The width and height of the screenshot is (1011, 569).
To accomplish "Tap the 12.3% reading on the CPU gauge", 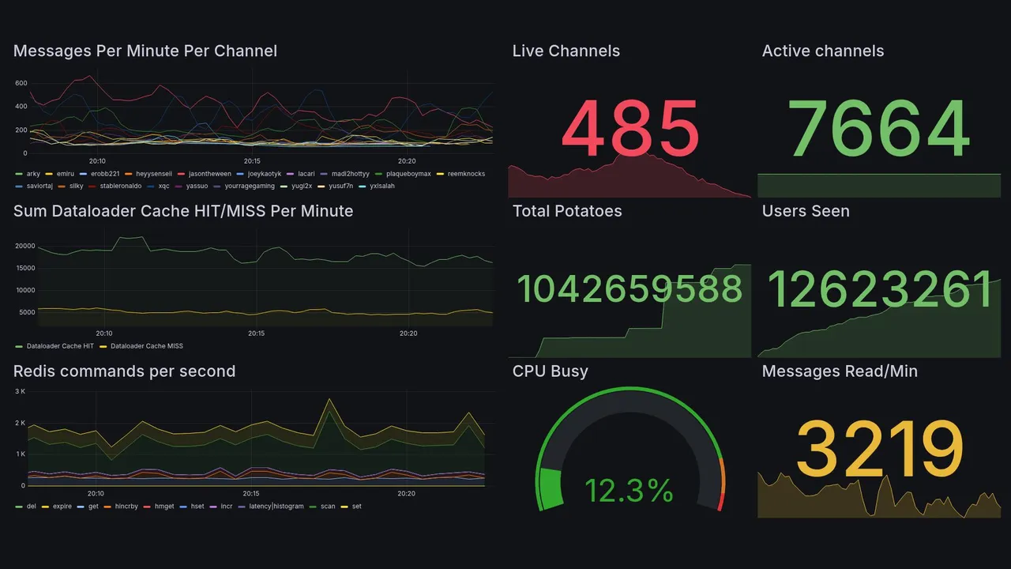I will coord(629,492).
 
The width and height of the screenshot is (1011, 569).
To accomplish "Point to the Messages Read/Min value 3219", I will coord(878,449).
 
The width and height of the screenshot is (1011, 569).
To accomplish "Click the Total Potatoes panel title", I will coord(567,211).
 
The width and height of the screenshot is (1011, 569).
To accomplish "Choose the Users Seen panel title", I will coord(806,211).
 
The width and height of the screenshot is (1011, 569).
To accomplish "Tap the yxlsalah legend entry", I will coord(381,187).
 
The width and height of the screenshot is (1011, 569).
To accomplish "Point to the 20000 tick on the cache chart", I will coord(25,246).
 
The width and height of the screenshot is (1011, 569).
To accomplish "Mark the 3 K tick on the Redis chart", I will coord(21,391).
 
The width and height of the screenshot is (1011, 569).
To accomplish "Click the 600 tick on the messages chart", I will coord(21,83).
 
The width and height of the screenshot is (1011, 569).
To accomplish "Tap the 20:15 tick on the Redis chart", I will coord(251,494).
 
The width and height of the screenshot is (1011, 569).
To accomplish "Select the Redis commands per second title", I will coord(124,371).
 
